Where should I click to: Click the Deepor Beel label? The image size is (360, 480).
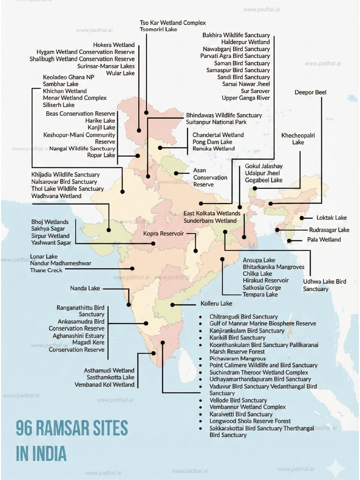tap(310, 92)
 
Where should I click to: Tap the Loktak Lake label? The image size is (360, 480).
tap(331, 218)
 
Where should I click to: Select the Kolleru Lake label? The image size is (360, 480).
tap(216, 303)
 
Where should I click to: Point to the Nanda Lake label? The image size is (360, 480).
tap(85, 288)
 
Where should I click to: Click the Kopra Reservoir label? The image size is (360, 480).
tap(163, 234)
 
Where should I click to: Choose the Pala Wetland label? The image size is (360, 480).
tap(324, 240)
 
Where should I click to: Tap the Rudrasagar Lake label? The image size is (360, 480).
tap(329, 230)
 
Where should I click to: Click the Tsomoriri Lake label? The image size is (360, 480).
tap(158, 29)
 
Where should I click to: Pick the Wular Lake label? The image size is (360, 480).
tap(120, 73)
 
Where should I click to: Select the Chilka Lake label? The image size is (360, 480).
tap(257, 274)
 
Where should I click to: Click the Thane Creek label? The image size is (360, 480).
tap(46, 270)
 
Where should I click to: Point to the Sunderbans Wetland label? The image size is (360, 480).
tap(210, 221)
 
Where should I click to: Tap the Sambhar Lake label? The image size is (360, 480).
tap(61, 84)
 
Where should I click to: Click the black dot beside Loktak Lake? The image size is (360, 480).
tap(302, 218)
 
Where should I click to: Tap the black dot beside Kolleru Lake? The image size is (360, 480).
tap(173, 305)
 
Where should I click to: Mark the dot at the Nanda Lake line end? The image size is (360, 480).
tap(129, 304)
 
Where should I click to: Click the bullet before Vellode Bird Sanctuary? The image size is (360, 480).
tap(200, 401)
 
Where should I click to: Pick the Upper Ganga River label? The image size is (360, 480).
tap(246, 98)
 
